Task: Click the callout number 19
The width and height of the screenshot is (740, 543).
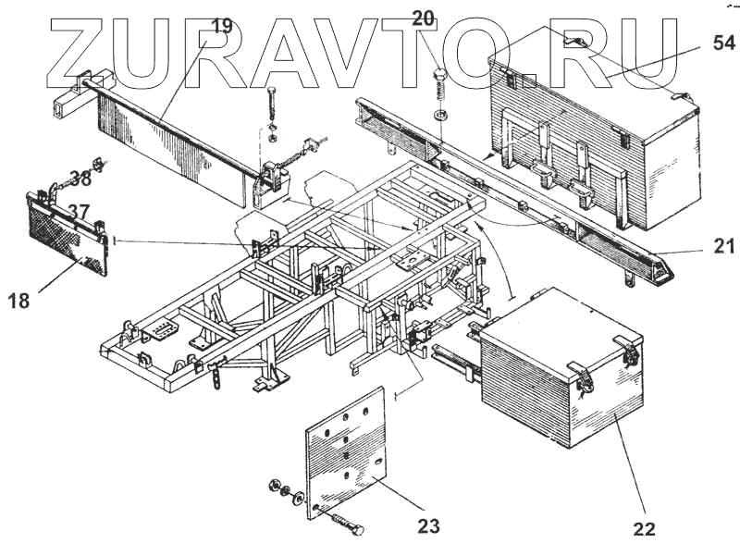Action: coord(222,25)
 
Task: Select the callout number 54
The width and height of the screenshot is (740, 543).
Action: coord(724,43)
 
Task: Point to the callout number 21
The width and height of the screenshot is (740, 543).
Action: coord(724,246)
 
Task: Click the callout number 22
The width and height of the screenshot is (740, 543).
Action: coord(644,528)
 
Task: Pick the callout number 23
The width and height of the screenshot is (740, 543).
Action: coord(427,525)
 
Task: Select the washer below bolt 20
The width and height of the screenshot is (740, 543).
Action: coord(439,116)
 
